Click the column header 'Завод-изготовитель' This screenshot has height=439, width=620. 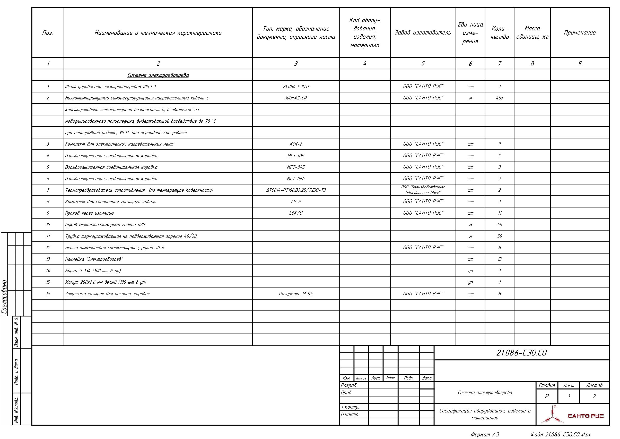[423, 33]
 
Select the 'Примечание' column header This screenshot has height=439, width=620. [580, 33]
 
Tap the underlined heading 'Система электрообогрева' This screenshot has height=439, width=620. [158, 75]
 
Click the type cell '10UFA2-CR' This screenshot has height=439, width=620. [296, 98]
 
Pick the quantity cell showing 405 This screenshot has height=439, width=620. [499, 98]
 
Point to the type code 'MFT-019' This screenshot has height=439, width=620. [296, 156]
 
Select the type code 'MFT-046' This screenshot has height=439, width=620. [296, 179]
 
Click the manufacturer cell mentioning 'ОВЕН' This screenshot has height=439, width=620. [423, 190]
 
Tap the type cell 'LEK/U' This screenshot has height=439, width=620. [296, 213]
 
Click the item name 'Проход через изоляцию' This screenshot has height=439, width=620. [89, 213]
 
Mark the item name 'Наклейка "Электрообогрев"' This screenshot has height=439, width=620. [94, 259]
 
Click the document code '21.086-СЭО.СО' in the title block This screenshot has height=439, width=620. [521, 353]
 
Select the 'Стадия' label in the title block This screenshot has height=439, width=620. [547, 385]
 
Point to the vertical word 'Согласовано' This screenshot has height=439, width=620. [4, 297]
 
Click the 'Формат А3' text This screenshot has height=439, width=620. [485, 435]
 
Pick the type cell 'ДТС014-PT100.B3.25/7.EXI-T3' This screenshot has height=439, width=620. [296, 190]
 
